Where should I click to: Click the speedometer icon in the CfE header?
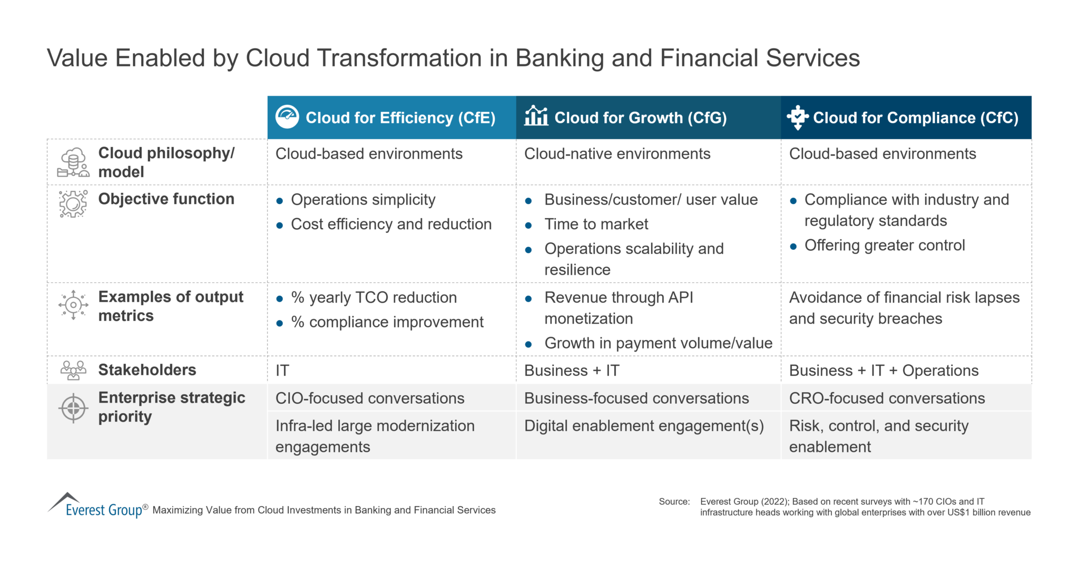(x=287, y=116)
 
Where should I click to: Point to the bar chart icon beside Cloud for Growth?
(x=536, y=115)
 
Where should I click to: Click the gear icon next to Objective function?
(x=73, y=204)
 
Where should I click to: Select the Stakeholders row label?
(x=147, y=370)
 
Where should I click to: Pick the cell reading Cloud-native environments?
(x=617, y=154)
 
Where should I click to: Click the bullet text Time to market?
(x=596, y=225)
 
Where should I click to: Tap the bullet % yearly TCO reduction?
(x=374, y=298)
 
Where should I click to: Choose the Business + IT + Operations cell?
(x=884, y=371)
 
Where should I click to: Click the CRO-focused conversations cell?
(x=887, y=398)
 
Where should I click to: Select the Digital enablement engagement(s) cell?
(x=644, y=426)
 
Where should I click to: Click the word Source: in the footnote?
(x=674, y=502)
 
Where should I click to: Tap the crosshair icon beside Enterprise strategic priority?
(x=73, y=408)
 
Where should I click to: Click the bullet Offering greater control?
(x=884, y=246)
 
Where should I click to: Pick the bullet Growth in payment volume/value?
(x=658, y=343)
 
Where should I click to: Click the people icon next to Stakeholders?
(x=73, y=370)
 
